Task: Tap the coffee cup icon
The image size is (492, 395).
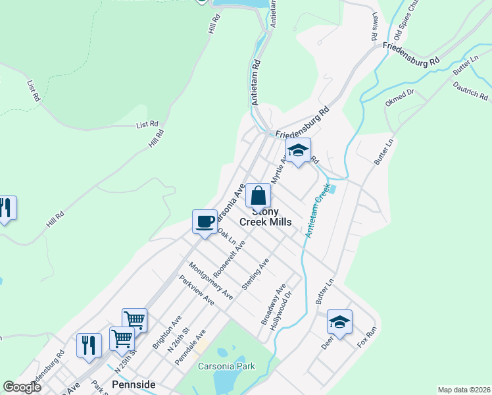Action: coord(205,221)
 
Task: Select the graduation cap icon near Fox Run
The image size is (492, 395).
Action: coord(339,322)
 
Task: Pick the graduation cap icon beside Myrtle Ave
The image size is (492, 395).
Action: coord(298,151)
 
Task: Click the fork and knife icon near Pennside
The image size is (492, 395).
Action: coord(89,345)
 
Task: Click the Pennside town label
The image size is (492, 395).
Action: coord(134,383)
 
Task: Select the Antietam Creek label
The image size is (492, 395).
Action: coord(316,211)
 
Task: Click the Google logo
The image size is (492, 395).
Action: coord(22,386)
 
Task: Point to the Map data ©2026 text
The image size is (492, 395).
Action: coord(463,390)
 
